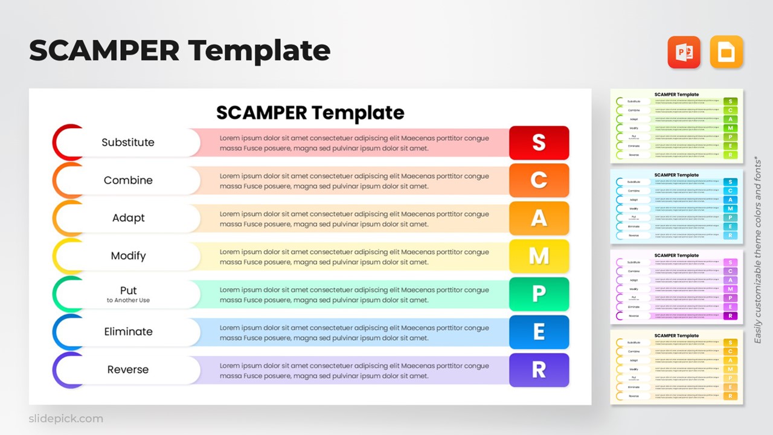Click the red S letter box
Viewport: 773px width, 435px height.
click(x=539, y=143)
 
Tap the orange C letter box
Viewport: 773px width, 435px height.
click(x=539, y=180)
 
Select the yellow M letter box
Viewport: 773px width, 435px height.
click(x=539, y=256)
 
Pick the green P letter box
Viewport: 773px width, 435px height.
click(x=539, y=294)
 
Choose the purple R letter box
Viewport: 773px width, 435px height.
click(x=539, y=370)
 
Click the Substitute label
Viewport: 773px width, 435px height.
click(x=128, y=143)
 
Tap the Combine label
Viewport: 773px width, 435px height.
click(x=128, y=180)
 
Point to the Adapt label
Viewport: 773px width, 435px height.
click(x=128, y=218)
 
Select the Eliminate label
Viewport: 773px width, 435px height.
click(x=128, y=332)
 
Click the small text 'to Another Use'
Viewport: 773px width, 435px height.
click(x=128, y=300)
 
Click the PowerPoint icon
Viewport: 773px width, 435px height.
click(x=684, y=52)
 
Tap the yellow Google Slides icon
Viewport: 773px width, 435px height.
click(x=726, y=52)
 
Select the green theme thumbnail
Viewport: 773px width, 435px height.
click(x=676, y=126)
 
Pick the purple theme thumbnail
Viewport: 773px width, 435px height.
click(x=676, y=286)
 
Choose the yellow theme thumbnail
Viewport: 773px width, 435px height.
click(x=676, y=367)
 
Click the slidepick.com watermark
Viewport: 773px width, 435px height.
click(x=66, y=419)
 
